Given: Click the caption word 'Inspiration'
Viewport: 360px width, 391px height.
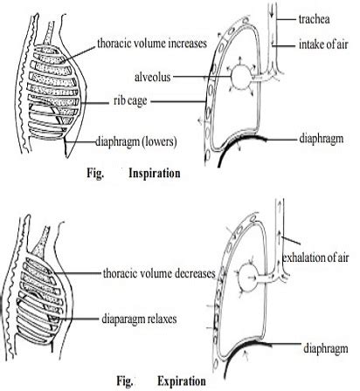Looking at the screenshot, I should (x=155, y=173).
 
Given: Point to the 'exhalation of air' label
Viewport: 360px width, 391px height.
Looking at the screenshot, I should (x=319, y=256).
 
